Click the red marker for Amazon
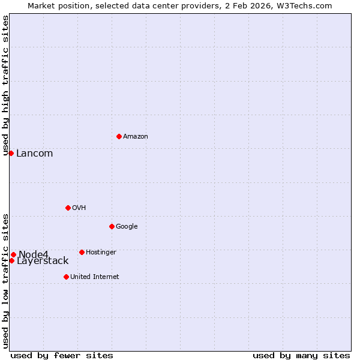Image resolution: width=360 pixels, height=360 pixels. click(x=119, y=136)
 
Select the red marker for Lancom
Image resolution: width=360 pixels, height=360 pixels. click(x=11, y=153)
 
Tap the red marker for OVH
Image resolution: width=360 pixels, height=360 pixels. click(x=68, y=208)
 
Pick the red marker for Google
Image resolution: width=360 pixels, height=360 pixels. click(x=112, y=226)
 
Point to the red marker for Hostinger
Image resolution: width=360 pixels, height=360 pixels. click(x=82, y=252)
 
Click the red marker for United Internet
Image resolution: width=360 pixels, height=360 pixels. click(x=66, y=277)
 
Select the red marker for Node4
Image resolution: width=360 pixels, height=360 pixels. click(x=13, y=254)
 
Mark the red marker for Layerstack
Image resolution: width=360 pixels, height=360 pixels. click(x=11, y=260)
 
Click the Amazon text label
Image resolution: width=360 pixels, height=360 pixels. click(x=136, y=137)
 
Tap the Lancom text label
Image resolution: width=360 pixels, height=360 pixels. click(x=34, y=154)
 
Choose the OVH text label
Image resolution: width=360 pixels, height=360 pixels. click(x=79, y=208)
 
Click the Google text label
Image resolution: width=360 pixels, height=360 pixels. click(x=127, y=227)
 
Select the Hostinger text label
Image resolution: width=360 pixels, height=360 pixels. click(x=101, y=253)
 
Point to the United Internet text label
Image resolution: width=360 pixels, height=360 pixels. click(x=94, y=277)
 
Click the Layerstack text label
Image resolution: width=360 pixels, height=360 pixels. click(x=43, y=261)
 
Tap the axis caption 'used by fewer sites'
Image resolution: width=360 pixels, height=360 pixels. click(x=62, y=356)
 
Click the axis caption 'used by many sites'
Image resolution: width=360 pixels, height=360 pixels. click(x=301, y=356)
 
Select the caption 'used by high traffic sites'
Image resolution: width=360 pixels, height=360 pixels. click(x=6, y=85)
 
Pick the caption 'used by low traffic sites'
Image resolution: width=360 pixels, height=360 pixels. click(x=6, y=280)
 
